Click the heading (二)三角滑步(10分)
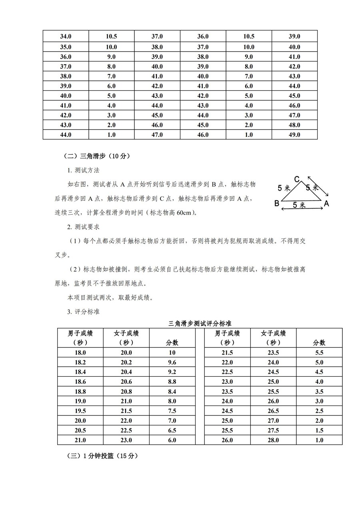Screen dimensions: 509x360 click(96, 156)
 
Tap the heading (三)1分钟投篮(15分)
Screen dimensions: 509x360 click(102, 456)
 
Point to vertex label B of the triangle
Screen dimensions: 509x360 click(276, 203)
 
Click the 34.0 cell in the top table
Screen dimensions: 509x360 click(66, 36)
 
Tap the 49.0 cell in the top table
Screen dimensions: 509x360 click(294, 135)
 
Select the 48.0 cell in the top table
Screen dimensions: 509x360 click(294, 125)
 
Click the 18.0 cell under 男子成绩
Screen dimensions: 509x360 click(80, 353)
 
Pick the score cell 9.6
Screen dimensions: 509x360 click(172, 362)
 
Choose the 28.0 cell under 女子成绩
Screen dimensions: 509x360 click(274, 440)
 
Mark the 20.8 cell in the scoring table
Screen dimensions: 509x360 click(126, 391)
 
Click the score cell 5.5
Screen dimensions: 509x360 click(319, 353)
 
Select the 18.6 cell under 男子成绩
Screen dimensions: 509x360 click(80, 382)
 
